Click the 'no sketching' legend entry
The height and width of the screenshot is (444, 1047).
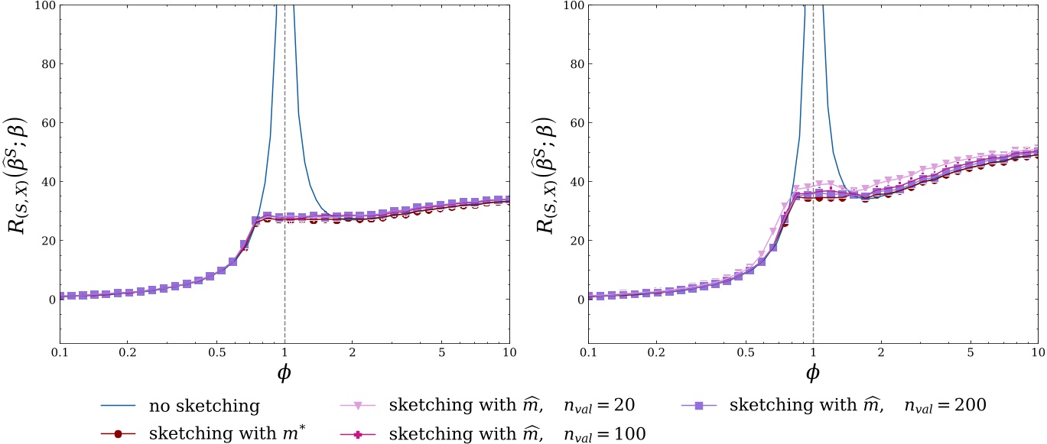(204, 406)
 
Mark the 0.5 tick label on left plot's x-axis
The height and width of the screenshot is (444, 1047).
(216, 353)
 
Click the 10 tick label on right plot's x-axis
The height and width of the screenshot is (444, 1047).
(1037, 353)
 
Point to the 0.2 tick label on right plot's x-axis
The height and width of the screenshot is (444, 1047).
(655, 353)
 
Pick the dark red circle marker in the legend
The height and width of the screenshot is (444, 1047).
(117, 433)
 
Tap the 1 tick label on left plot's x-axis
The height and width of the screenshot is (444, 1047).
(285, 353)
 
